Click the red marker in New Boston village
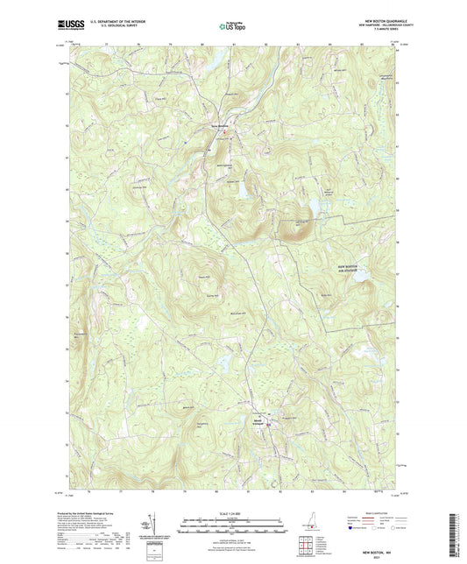pos(223,132)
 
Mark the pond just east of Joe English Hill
pos(311,207)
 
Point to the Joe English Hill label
pos(298,223)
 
